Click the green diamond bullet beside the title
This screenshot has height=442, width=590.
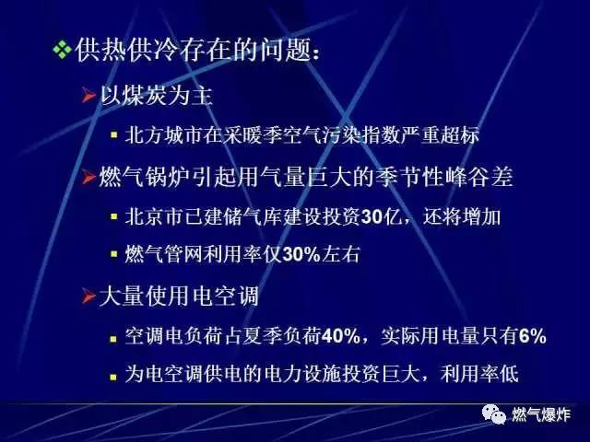click(x=62, y=50)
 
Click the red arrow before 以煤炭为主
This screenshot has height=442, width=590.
click(x=88, y=96)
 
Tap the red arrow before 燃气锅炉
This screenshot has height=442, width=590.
click(x=88, y=177)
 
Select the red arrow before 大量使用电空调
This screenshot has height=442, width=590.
click(x=88, y=297)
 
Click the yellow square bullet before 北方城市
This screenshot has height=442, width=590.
click(x=114, y=135)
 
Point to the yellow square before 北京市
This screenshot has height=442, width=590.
click(x=114, y=216)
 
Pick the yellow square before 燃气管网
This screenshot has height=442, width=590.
click(x=114, y=254)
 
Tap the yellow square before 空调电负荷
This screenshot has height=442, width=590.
click(x=113, y=339)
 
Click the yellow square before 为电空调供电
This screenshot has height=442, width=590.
click(x=113, y=377)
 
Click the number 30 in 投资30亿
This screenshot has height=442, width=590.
click(x=372, y=217)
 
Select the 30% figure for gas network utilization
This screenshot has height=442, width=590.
click(x=301, y=255)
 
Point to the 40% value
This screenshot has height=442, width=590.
click(x=341, y=336)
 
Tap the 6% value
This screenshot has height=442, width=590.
click(x=533, y=336)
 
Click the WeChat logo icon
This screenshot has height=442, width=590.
click(x=494, y=414)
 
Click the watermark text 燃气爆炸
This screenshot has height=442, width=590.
click(x=541, y=415)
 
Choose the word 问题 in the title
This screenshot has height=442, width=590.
click(x=285, y=51)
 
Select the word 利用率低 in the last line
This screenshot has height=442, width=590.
click(x=479, y=374)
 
